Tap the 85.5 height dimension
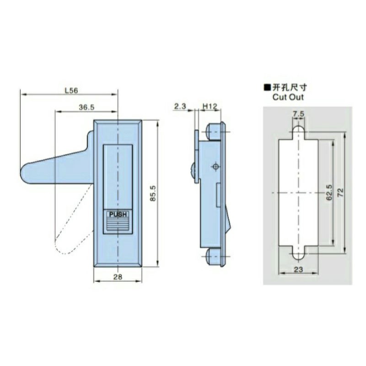[x=153, y=193]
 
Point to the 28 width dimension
[x=118, y=277]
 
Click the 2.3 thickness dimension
[x=179, y=106]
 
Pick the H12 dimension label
[x=209, y=106]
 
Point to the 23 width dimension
[x=298, y=269]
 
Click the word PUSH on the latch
[x=118, y=214]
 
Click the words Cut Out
[x=288, y=97]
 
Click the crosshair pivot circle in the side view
[x=215, y=167]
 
